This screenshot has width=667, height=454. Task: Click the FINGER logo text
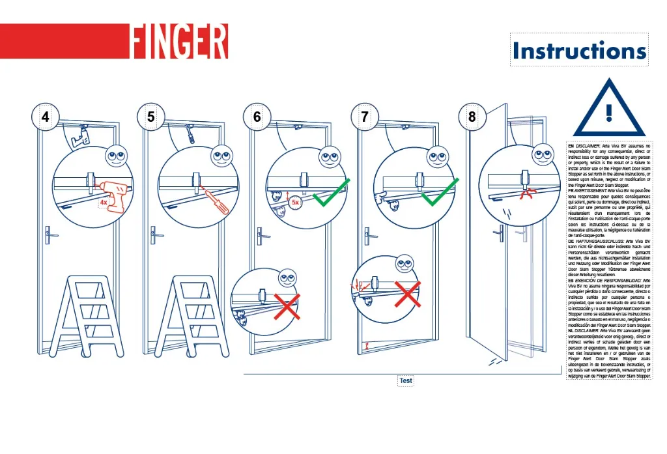(x=179, y=42)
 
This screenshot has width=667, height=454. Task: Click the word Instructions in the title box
(x=578, y=51)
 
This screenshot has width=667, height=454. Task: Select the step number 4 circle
(x=45, y=117)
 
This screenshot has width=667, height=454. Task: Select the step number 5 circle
(x=151, y=117)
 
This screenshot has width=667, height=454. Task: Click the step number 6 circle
(x=257, y=117)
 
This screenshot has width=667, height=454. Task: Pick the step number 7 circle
(x=364, y=117)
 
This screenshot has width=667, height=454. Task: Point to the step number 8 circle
(x=472, y=117)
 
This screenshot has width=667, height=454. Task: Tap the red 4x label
(x=103, y=203)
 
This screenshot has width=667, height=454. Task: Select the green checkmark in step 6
(x=332, y=192)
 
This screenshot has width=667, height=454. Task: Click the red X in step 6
(x=287, y=306)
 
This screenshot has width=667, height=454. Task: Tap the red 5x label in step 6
(x=296, y=202)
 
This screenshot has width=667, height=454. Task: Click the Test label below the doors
(x=405, y=380)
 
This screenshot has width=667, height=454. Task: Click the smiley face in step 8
(x=542, y=155)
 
